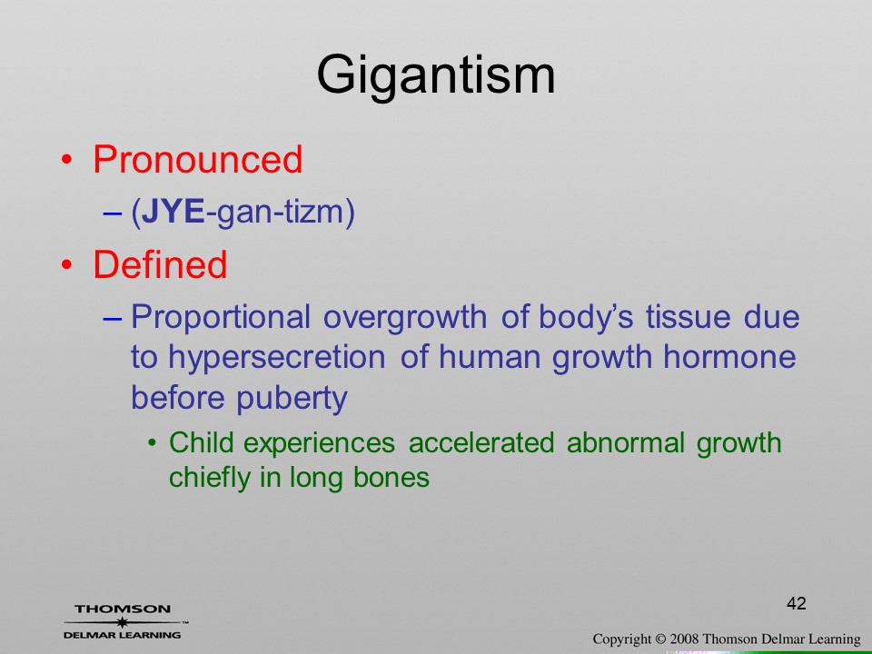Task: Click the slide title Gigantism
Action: point(436,76)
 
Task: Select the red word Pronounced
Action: point(197,160)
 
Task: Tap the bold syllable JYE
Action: point(173,212)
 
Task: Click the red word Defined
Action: point(160,263)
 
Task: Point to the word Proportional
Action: point(220,319)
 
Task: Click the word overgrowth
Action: point(405,319)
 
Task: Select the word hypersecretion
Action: point(276,359)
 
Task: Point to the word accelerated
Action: point(481,442)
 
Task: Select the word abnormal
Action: point(626,442)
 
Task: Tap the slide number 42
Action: point(797,603)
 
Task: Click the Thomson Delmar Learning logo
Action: point(124,621)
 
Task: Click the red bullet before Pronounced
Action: point(66,161)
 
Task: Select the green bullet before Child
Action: point(152,444)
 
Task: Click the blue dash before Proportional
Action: point(112,319)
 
